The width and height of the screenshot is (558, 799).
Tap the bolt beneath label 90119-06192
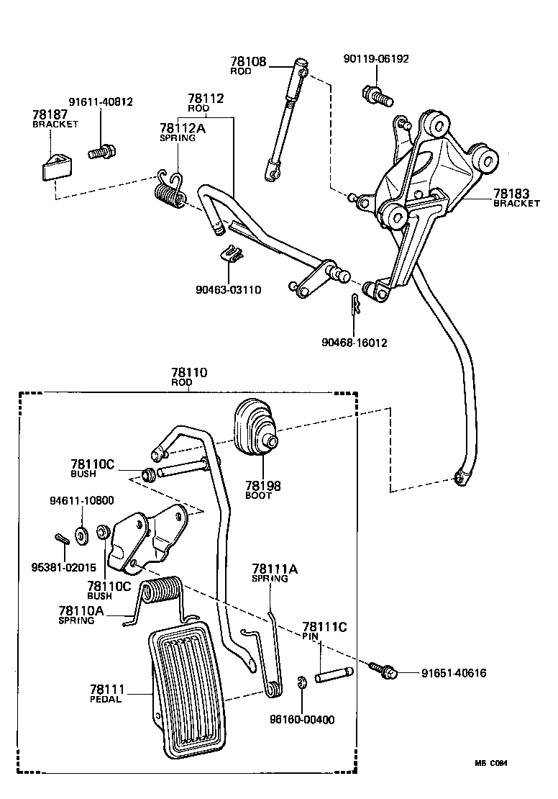pos(375,93)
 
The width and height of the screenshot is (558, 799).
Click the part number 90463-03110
pos(228,290)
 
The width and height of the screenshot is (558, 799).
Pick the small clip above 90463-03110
pos(230,254)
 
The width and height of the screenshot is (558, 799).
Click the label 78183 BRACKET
pos(516,198)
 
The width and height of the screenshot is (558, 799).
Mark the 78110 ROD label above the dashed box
pos(189,377)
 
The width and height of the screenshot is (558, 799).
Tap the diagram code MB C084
pos(495,764)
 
